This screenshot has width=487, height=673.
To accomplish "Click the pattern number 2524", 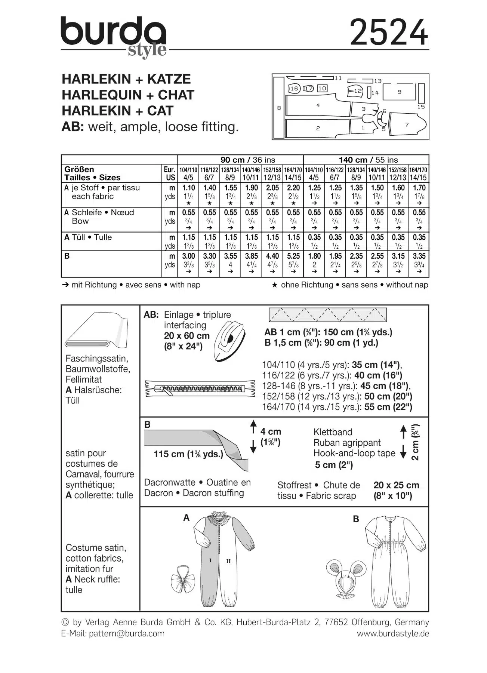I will (389, 33).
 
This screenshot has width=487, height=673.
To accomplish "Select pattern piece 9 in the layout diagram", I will (399, 92).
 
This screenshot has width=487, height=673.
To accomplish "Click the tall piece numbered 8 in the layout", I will (279, 108).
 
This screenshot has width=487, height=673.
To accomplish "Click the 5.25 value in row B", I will (293, 256).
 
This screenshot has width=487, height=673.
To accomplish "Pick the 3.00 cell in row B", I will (188, 256).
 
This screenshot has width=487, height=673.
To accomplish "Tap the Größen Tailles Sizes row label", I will (93, 173).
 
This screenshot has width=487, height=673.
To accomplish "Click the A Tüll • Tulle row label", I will (88, 237).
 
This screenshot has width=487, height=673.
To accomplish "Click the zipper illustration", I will (200, 389).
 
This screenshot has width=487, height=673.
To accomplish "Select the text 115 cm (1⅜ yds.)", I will (189, 454).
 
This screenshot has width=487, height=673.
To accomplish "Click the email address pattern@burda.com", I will (127, 633).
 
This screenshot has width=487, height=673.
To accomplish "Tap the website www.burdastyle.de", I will (393, 633).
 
